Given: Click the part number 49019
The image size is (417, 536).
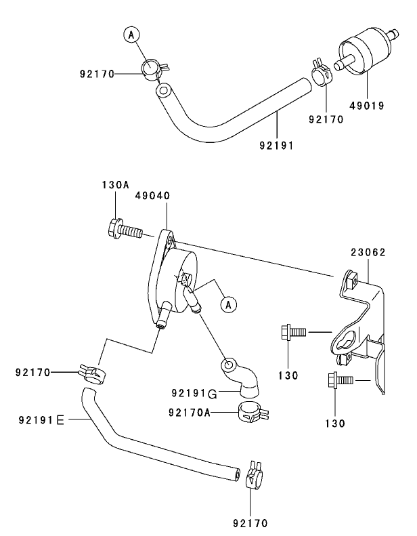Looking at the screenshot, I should click(x=366, y=106).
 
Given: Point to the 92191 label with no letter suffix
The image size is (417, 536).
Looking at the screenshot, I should click(x=276, y=144).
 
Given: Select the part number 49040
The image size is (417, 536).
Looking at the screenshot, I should click(x=152, y=195).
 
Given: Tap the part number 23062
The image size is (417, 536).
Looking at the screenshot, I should click(x=367, y=252).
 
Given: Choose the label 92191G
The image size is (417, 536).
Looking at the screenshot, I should click(x=194, y=394).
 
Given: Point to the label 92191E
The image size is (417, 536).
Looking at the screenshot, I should click(x=42, y=420).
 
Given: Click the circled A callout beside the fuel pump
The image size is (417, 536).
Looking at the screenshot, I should click(x=229, y=306).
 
